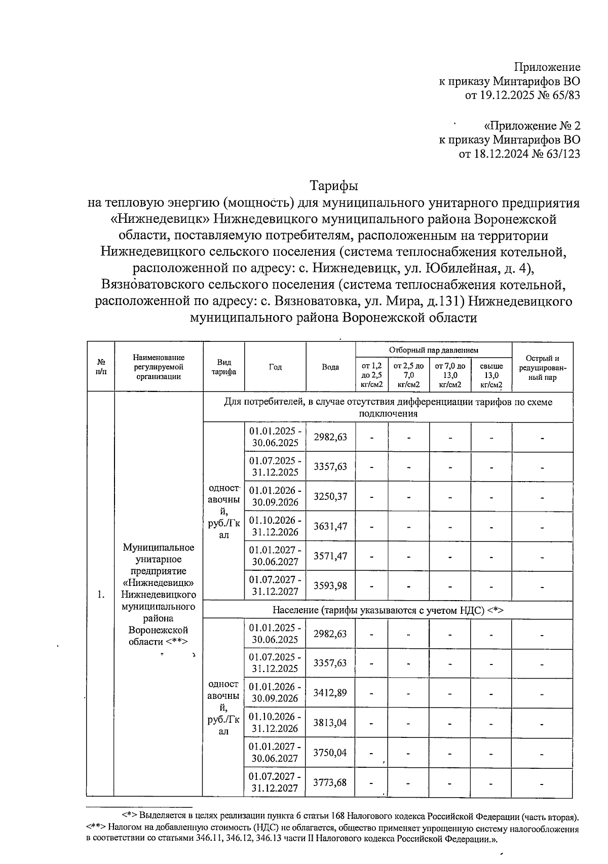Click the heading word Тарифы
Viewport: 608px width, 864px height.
click(334, 186)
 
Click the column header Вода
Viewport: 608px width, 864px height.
click(330, 367)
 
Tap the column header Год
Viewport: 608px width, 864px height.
click(275, 367)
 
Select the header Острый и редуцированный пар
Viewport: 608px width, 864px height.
click(542, 368)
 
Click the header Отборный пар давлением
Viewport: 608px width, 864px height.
click(433, 350)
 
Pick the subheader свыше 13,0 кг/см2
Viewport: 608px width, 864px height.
click(491, 375)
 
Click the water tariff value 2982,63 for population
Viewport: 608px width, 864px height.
click(330, 634)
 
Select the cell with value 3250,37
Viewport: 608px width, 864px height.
click(330, 496)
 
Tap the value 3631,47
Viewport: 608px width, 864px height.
click(330, 526)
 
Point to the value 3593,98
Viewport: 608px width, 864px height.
click(330, 585)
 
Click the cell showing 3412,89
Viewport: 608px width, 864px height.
click(330, 692)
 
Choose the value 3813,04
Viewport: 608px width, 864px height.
click(330, 722)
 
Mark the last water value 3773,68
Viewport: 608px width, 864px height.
click(330, 782)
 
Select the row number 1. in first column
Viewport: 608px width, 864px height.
click(101, 595)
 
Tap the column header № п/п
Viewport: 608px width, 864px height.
click(101, 367)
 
